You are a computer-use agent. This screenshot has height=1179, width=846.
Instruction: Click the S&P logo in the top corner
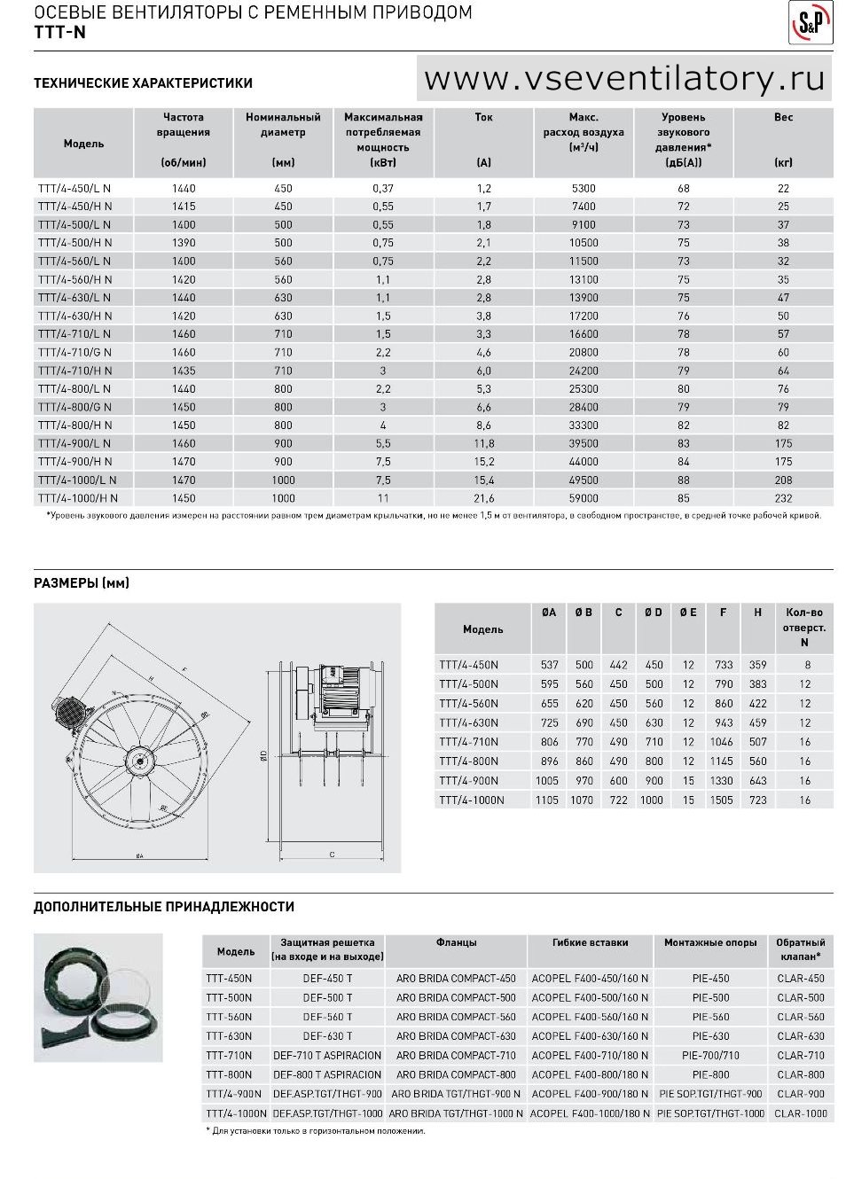tap(811, 22)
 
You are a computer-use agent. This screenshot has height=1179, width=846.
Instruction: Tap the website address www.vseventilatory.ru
tap(623, 78)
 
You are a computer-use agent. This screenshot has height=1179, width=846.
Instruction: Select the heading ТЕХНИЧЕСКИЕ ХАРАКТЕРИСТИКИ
tap(143, 82)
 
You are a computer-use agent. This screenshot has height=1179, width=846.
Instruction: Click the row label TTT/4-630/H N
tap(74, 316)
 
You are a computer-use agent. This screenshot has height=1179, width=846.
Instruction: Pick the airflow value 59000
tap(584, 498)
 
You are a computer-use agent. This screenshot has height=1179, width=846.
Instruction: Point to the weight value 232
tap(783, 498)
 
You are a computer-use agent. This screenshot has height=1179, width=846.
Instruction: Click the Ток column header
tap(483, 117)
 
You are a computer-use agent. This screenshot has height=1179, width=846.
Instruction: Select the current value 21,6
tap(483, 498)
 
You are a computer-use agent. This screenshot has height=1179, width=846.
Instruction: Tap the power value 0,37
tap(383, 189)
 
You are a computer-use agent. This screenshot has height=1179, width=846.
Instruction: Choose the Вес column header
tap(783, 117)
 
